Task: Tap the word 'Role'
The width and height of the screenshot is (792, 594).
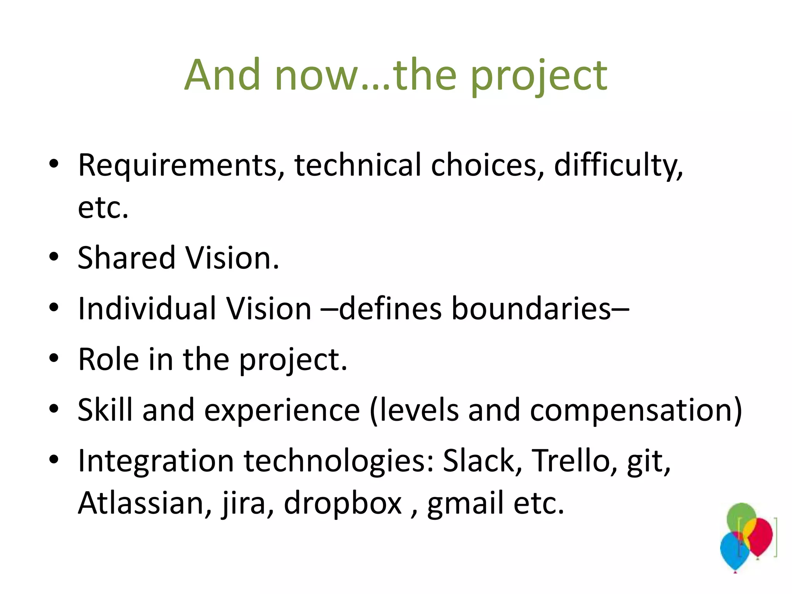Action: tap(108, 359)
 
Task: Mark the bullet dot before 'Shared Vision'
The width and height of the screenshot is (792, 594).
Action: tap(54, 257)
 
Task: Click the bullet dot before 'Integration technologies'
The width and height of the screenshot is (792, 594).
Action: tap(54, 459)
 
